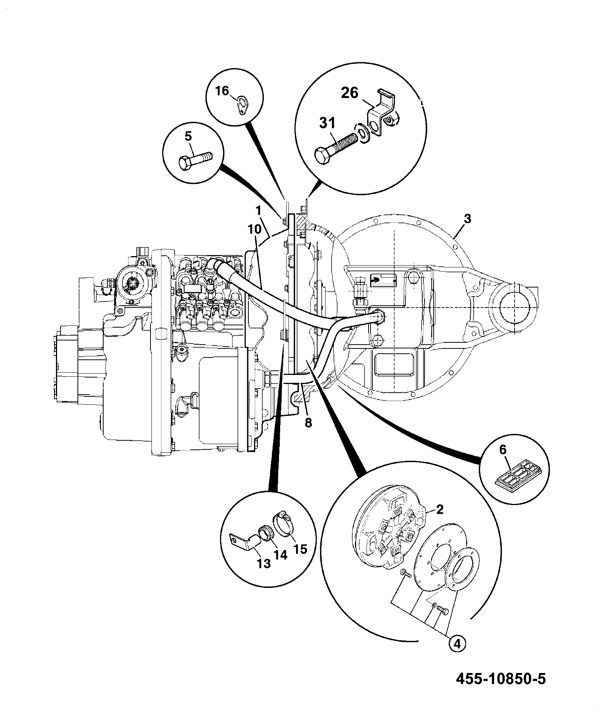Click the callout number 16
click(223, 91)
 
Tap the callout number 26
click(350, 93)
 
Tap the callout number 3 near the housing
click(467, 219)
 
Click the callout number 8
click(308, 423)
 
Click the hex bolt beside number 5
click(195, 161)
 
